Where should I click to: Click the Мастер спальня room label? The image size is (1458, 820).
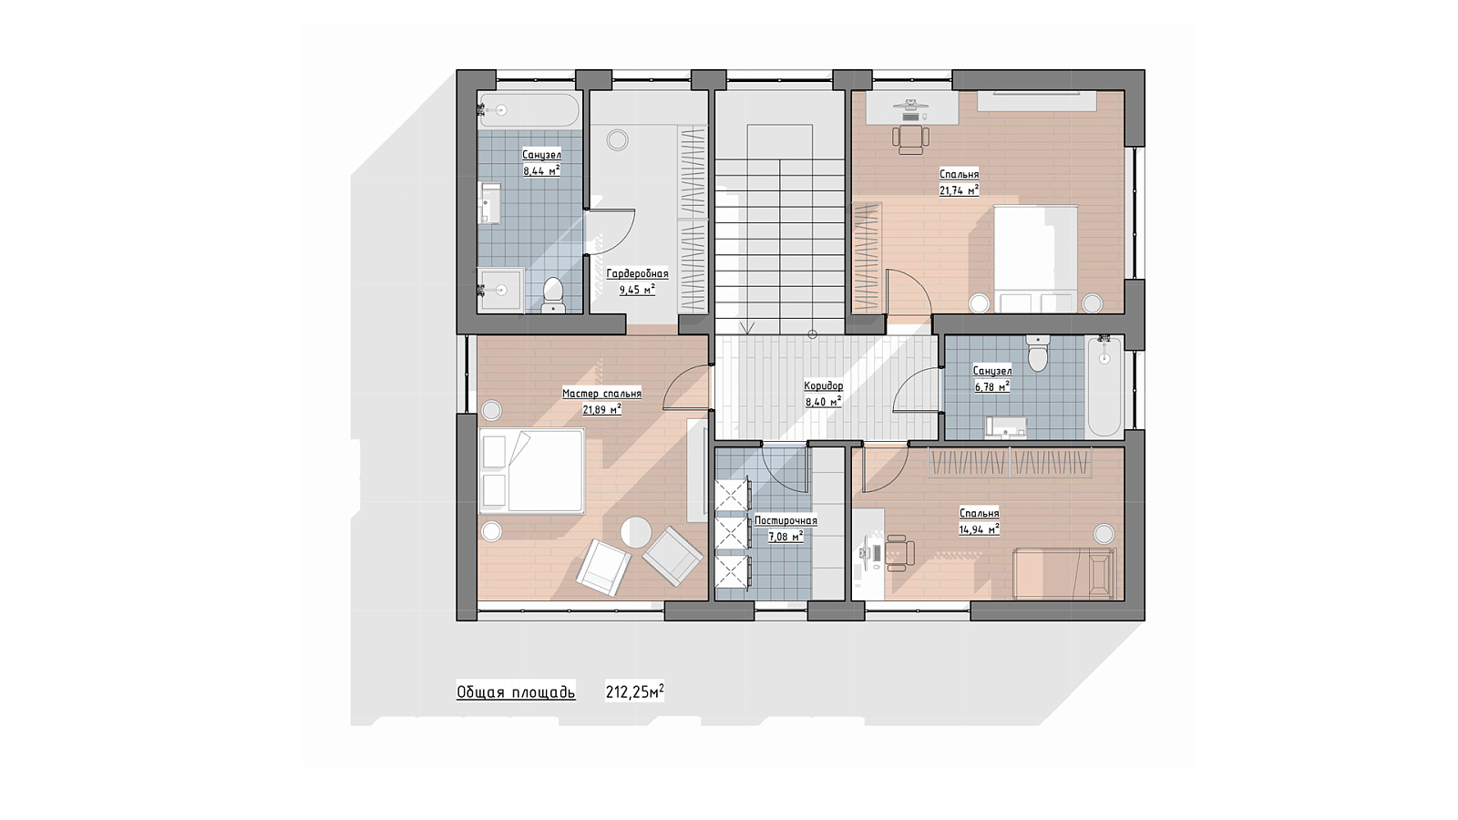tap(601, 394)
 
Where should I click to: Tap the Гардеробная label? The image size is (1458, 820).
tap(637, 274)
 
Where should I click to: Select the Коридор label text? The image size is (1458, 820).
tap(824, 386)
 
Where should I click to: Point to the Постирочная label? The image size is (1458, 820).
tap(785, 520)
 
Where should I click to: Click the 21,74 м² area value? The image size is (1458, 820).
tap(959, 190)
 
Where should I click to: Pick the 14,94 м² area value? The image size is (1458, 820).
tap(979, 529)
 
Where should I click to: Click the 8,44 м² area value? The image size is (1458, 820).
tap(541, 170)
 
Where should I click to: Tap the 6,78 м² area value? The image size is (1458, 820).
tap(992, 386)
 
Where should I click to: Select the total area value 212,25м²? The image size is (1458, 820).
tap(634, 692)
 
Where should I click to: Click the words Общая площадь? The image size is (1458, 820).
tap(516, 692)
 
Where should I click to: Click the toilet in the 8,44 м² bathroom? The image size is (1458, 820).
tap(553, 295)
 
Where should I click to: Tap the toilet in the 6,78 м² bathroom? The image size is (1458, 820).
tap(1038, 352)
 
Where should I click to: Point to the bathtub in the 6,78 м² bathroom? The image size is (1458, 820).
tap(1104, 386)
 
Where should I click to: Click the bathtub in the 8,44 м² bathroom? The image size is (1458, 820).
tap(529, 110)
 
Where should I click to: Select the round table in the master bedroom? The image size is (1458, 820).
tap(636, 533)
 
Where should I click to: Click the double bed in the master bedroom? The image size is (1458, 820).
tap(532, 471)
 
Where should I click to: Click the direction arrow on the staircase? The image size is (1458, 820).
tap(747, 328)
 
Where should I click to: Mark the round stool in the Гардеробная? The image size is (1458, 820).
tap(617, 140)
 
